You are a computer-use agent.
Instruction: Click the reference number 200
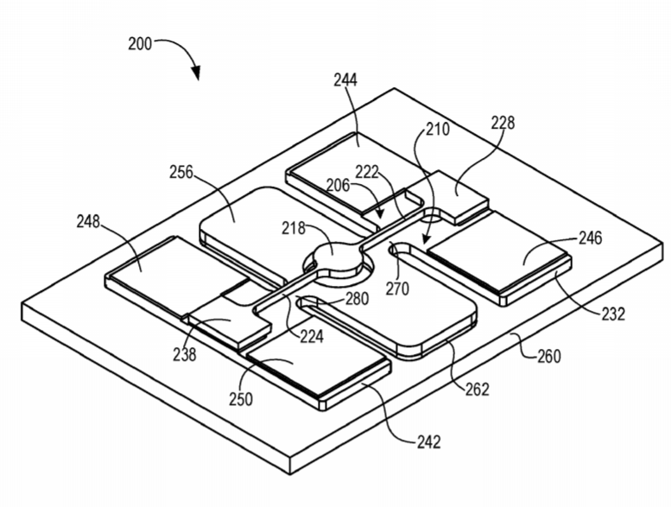click(140, 44)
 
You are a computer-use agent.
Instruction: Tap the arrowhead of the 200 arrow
click(195, 73)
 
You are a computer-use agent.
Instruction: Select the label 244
click(345, 80)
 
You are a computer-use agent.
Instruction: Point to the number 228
click(503, 123)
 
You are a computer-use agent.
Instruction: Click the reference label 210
click(437, 129)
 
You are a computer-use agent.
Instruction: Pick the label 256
click(181, 173)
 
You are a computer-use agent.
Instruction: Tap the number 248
click(88, 222)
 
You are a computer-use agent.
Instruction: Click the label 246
click(591, 238)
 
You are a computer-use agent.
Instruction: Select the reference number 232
click(614, 314)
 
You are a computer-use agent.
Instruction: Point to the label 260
click(549, 356)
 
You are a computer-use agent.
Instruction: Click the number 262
click(478, 389)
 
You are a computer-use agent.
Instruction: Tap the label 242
click(429, 441)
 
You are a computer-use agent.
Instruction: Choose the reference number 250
click(241, 399)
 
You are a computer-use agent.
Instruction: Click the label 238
click(185, 355)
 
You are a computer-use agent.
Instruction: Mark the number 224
click(312, 337)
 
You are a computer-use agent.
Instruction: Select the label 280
click(357, 299)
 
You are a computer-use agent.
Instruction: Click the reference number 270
click(397, 288)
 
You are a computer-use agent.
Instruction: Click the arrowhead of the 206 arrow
click(379, 214)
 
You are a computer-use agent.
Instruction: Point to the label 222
click(367, 173)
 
